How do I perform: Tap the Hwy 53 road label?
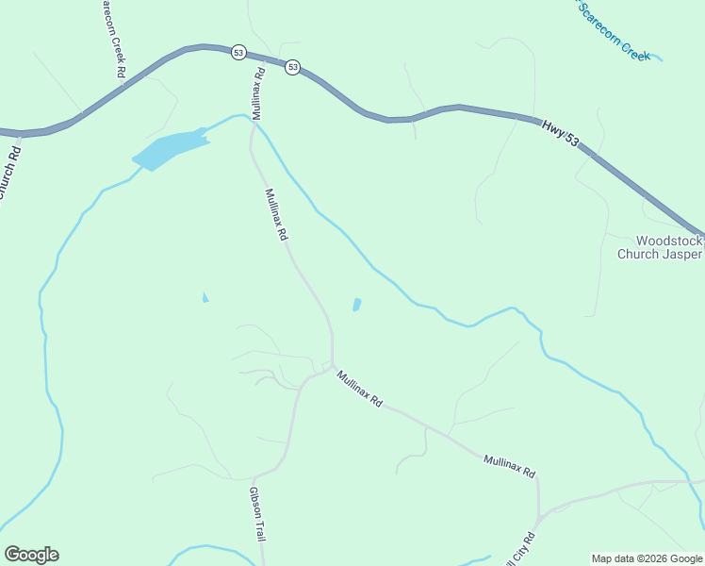coord(560,132)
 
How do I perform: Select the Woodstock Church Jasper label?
coord(659,247)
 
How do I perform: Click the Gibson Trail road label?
coord(257,513)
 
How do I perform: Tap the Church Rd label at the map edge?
coord(8,170)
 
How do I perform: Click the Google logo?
coord(31,555)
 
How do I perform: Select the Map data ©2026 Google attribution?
coord(646,558)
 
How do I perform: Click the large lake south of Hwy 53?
coord(170,149)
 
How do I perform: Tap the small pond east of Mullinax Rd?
coord(356,305)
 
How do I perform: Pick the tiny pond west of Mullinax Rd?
coord(205,298)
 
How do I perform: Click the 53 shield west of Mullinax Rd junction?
coord(238,53)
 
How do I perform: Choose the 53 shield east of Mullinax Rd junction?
coord(293,67)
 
